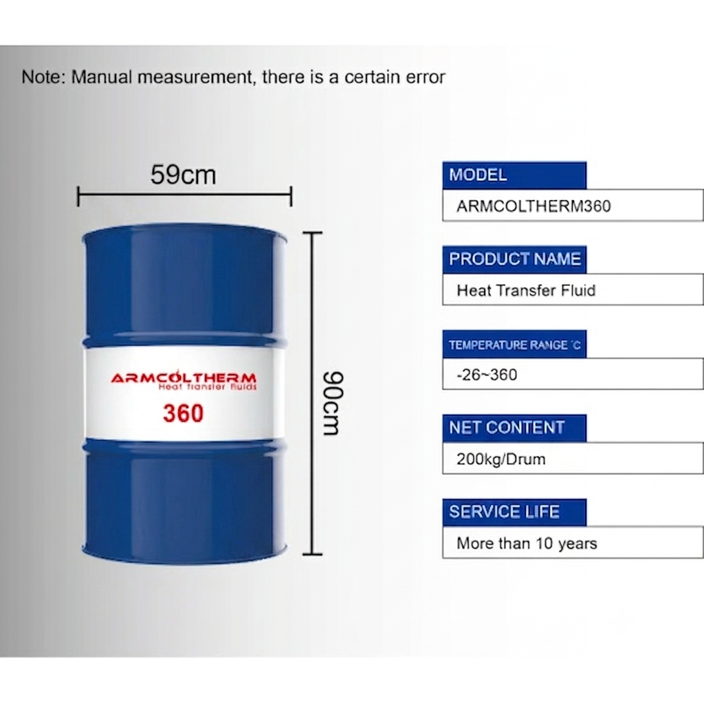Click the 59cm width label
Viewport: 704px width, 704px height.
pyautogui.click(x=183, y=175)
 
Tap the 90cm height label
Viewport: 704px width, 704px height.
pyautogui.click(x=333, y=403)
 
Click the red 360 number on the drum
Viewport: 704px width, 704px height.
pyautogui.click(x=183, y=413)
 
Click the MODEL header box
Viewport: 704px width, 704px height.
pyautogui.click(x=514, y=175)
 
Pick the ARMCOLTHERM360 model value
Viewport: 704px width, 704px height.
pyautogui.click(x=533, y=206)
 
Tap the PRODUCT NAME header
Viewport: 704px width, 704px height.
pyautogui.click(x=514, y=259)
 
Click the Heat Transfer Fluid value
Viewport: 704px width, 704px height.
pyautogui.click(x=526, y=291)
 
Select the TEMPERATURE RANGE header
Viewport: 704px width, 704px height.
pyautogui.click(x=514, y=344)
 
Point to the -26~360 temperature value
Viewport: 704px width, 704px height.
pyautogui.click(x=487, y=375)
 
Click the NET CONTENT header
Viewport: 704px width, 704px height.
pyautogui.click(x=514, y=428)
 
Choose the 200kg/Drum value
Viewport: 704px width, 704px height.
pyautogui.click(x=500, y=459)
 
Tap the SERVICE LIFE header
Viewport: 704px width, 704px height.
pyautogui.click(x=514, y=512)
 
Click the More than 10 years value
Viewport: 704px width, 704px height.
pyautogui.click(x=527, y=543)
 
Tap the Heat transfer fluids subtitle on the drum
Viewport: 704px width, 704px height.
pyautogui.click(x=208, y=387)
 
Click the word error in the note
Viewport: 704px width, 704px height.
pyautogui.click(x=425, y=77)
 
